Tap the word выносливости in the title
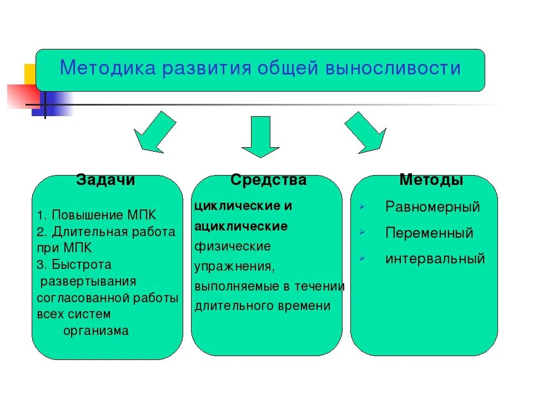(393, 68)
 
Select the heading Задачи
(105, 180)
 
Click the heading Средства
(268, 180)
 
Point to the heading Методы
(431, 180)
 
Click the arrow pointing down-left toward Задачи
(152, 132)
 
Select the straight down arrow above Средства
(260, 136)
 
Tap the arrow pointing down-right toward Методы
(366, 132)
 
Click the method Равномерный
(433, 207)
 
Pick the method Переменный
(429, 233)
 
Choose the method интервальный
(435, 258)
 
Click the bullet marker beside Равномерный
(361, 207)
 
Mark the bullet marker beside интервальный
(361, 258)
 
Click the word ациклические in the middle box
(241, 226)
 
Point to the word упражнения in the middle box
(234, 266)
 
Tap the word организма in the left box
(96, 331)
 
